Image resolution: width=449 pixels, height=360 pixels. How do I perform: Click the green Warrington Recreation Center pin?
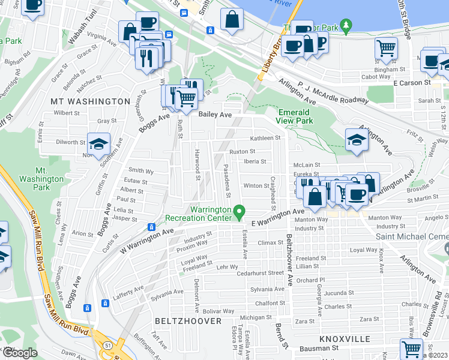click(x=240, y=211)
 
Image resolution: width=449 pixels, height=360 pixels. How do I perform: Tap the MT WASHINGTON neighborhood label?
click(x=90, y=101)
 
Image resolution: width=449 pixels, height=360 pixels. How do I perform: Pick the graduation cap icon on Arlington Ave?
click(x=357, y=140)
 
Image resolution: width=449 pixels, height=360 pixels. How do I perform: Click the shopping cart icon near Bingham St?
click(x=387, y=49)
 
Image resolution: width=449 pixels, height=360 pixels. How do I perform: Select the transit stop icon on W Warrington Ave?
click(x=151, y=227)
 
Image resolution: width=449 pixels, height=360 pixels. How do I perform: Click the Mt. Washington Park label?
click(x=41, y=178)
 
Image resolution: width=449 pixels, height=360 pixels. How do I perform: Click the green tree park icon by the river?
click(x=345, y=25)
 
